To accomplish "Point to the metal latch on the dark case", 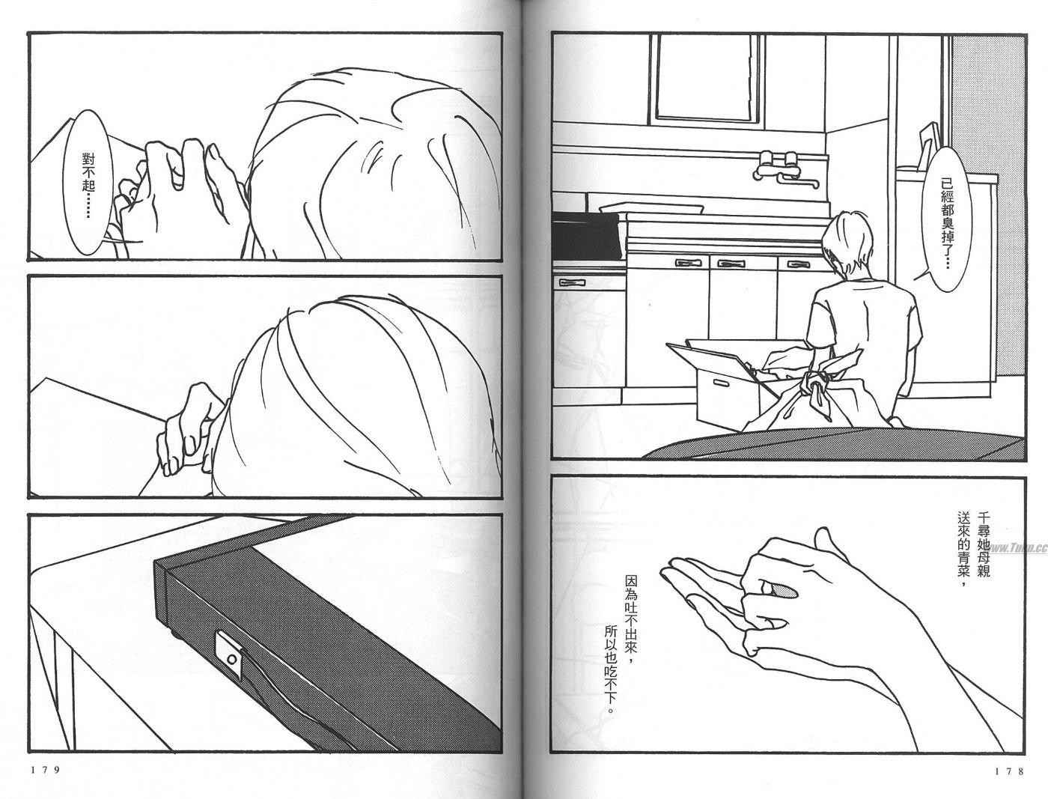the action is [x=231, y=660].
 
